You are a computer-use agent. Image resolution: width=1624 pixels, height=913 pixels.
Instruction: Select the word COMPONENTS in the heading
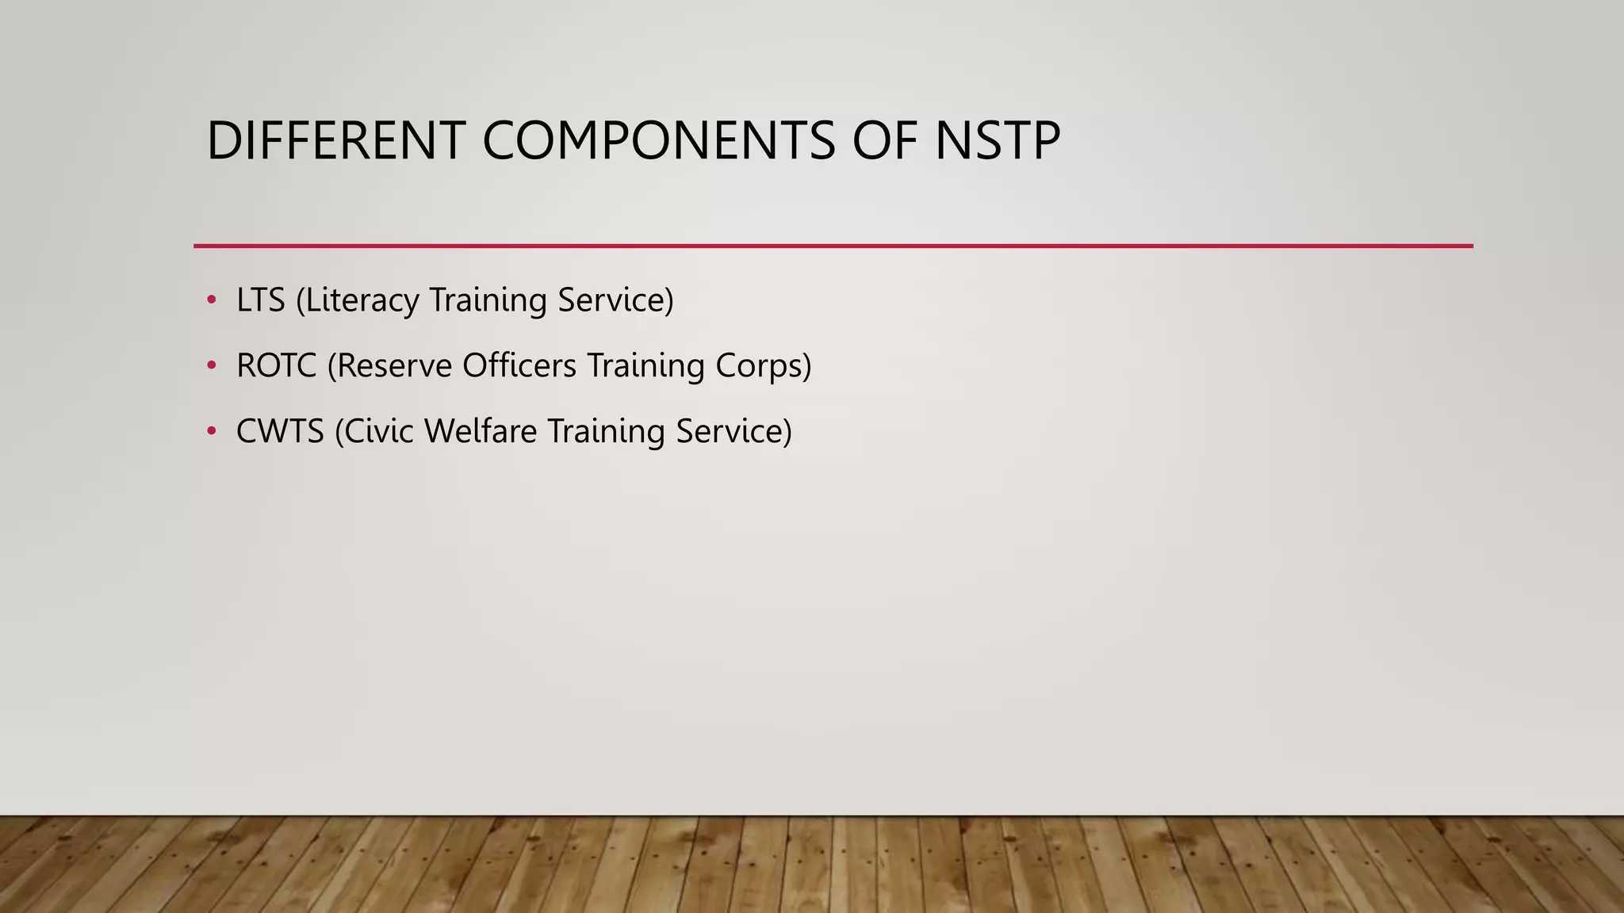point(658,141)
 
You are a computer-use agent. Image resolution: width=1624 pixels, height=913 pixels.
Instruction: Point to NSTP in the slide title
point(997,141)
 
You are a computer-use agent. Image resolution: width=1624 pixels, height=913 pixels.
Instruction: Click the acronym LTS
point(261,300)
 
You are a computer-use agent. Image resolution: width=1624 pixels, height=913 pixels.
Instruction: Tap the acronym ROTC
point(276,366)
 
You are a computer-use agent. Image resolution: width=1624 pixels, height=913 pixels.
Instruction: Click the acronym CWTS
point(280,432)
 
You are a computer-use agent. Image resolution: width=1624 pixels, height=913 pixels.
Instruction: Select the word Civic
point(374,432)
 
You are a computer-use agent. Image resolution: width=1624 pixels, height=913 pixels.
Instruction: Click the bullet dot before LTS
point(211,300)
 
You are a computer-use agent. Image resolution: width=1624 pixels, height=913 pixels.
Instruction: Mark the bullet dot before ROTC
point(211,365)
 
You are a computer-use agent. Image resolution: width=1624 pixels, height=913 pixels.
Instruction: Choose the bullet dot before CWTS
point(211,431)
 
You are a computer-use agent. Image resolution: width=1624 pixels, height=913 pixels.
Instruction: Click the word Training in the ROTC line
point(645,366)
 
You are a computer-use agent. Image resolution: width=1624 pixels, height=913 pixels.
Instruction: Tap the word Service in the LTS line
point(611,300)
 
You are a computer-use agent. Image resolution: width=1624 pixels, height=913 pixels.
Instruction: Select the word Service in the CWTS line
point(730,432)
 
